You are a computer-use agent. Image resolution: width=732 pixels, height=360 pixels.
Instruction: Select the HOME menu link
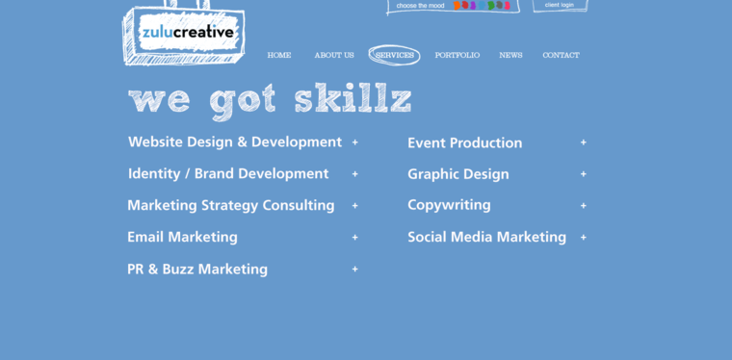click(279, 56)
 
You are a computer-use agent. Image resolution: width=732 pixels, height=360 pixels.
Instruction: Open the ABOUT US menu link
click(334, 56)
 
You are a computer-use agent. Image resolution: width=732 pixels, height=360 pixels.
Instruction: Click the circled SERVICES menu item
click(395, 56)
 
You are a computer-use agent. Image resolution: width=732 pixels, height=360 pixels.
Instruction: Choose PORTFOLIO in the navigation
click(457, 56)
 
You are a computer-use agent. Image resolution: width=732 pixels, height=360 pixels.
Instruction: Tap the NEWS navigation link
click(510, 56)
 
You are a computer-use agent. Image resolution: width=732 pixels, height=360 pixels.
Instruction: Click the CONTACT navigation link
click(561, 56)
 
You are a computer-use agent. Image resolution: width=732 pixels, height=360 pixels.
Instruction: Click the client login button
click(560, 5)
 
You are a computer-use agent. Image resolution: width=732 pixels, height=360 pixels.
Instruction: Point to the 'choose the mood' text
click(421, 6)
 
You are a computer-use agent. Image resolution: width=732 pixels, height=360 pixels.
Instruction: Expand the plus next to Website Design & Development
click(355, 142)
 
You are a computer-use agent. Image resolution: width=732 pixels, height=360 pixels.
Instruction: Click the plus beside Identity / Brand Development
click(355, 174)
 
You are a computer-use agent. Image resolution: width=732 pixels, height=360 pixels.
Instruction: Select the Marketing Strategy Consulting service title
click(231, 205)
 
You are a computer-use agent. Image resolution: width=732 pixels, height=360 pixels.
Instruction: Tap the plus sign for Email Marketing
click(355, 238)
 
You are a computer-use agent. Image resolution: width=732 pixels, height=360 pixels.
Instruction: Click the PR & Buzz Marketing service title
click(197, 270)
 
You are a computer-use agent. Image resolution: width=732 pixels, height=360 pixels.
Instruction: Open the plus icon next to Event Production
click(584, 142)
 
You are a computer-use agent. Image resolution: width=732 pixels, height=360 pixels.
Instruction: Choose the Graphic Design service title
click(457, 174)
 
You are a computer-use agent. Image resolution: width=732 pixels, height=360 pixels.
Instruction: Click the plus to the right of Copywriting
click(584, 206)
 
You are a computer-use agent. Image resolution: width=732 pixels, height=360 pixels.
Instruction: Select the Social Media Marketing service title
click(486, 237)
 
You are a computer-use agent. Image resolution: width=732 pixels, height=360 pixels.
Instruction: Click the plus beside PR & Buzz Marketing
click(355, 270)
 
